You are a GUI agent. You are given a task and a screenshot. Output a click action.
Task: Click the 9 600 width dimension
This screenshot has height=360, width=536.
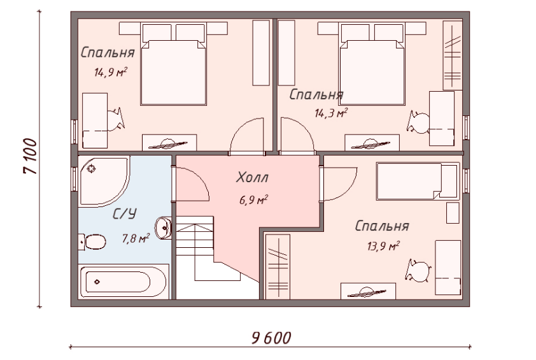pos(271,338)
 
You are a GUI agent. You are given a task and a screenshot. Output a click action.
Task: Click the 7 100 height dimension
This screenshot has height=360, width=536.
pos(30,156)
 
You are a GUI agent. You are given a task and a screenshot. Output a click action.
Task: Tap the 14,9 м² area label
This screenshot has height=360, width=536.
pos(111,72)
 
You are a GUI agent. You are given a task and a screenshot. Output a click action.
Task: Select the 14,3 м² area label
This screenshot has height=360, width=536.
pos(331,113)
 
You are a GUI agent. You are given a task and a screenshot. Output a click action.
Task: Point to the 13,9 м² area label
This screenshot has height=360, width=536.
pos(383,245)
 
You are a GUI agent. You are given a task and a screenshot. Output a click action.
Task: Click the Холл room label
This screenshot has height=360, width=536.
pos(252,177)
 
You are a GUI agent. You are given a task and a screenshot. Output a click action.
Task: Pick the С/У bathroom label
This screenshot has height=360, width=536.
pos(125,214)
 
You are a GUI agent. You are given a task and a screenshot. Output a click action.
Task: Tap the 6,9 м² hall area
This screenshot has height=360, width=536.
pos(253,199)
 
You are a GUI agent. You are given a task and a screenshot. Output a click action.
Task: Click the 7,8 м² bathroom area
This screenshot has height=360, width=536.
pos(136,238)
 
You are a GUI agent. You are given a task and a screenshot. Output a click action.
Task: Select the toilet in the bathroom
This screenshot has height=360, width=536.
pos(92,242)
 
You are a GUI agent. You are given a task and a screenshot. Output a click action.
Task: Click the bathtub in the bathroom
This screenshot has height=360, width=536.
pos(123,282)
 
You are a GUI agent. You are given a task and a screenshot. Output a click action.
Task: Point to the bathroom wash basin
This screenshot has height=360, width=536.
pos(164,227)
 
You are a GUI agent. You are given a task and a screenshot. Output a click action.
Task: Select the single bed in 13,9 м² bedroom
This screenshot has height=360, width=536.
pos(417,181)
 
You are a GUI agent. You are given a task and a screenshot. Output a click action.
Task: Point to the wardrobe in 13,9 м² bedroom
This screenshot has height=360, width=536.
pos(278,266)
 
